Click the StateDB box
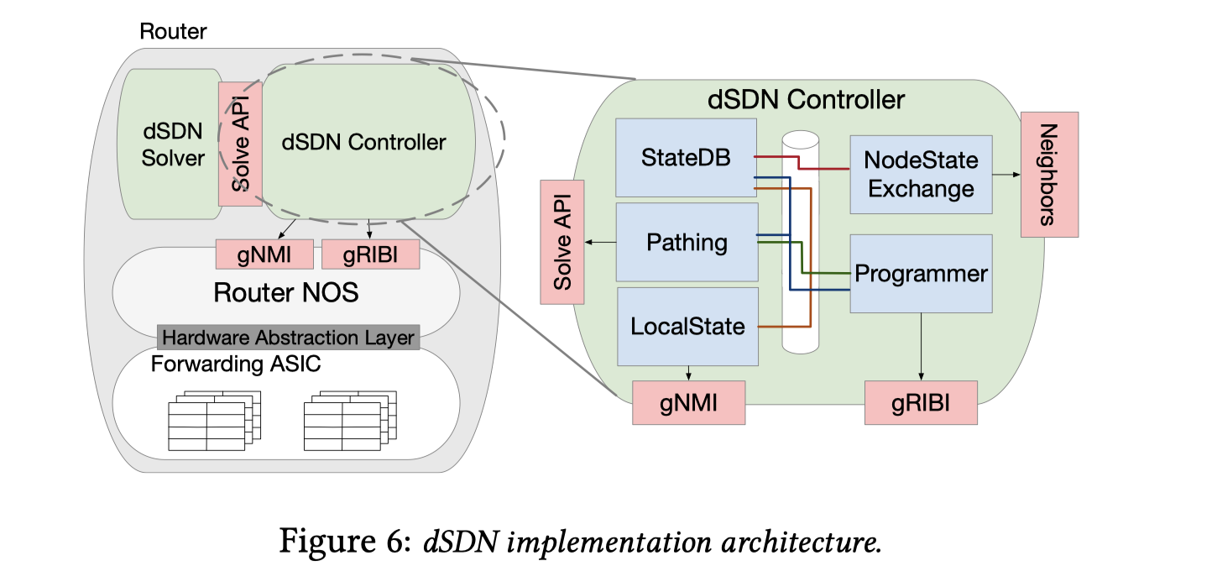(x=685, y=158)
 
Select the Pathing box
(x=687, y=243)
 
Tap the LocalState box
(x=687, y=326)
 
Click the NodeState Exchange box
(x=921, y=174)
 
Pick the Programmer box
(x=921, y=274)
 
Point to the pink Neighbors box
(x=1049, y=175)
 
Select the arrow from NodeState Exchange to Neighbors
(x=1006, y=175)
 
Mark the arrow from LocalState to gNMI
(x=688, y=373)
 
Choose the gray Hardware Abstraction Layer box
(x=288, y=338)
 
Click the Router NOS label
(x=285, y=292)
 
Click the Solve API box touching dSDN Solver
(x=240, y=143)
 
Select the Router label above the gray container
(x=173, y=32)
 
